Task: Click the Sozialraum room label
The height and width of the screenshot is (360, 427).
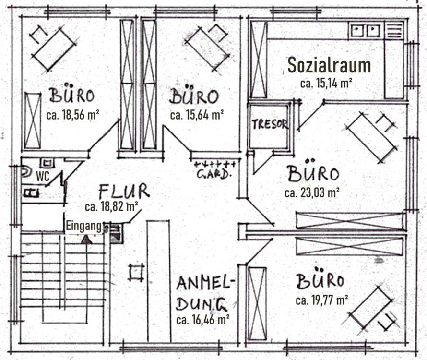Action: click(x=329, y=65)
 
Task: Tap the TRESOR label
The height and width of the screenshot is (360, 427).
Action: click(x=270, y=124)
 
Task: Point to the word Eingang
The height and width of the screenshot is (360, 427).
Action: click(x=83, y=226)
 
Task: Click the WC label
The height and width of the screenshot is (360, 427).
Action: click(x=43, y=176)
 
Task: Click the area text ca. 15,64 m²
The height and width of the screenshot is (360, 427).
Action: click(x=197, y=115)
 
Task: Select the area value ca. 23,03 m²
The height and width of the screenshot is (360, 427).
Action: click(x=312, y=193)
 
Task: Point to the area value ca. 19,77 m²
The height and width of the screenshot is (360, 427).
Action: click(x=321, y=300)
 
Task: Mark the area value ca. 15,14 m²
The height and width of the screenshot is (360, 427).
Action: click(x=326, y=83)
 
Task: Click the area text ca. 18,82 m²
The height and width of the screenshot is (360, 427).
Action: click(x=111, y=207)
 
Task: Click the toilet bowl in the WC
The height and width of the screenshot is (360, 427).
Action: click(x=26, y=171)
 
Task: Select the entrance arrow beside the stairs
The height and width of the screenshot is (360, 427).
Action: click(x=86, y=239)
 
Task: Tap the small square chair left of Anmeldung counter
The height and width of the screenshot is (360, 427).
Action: click(x=136, y=272)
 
